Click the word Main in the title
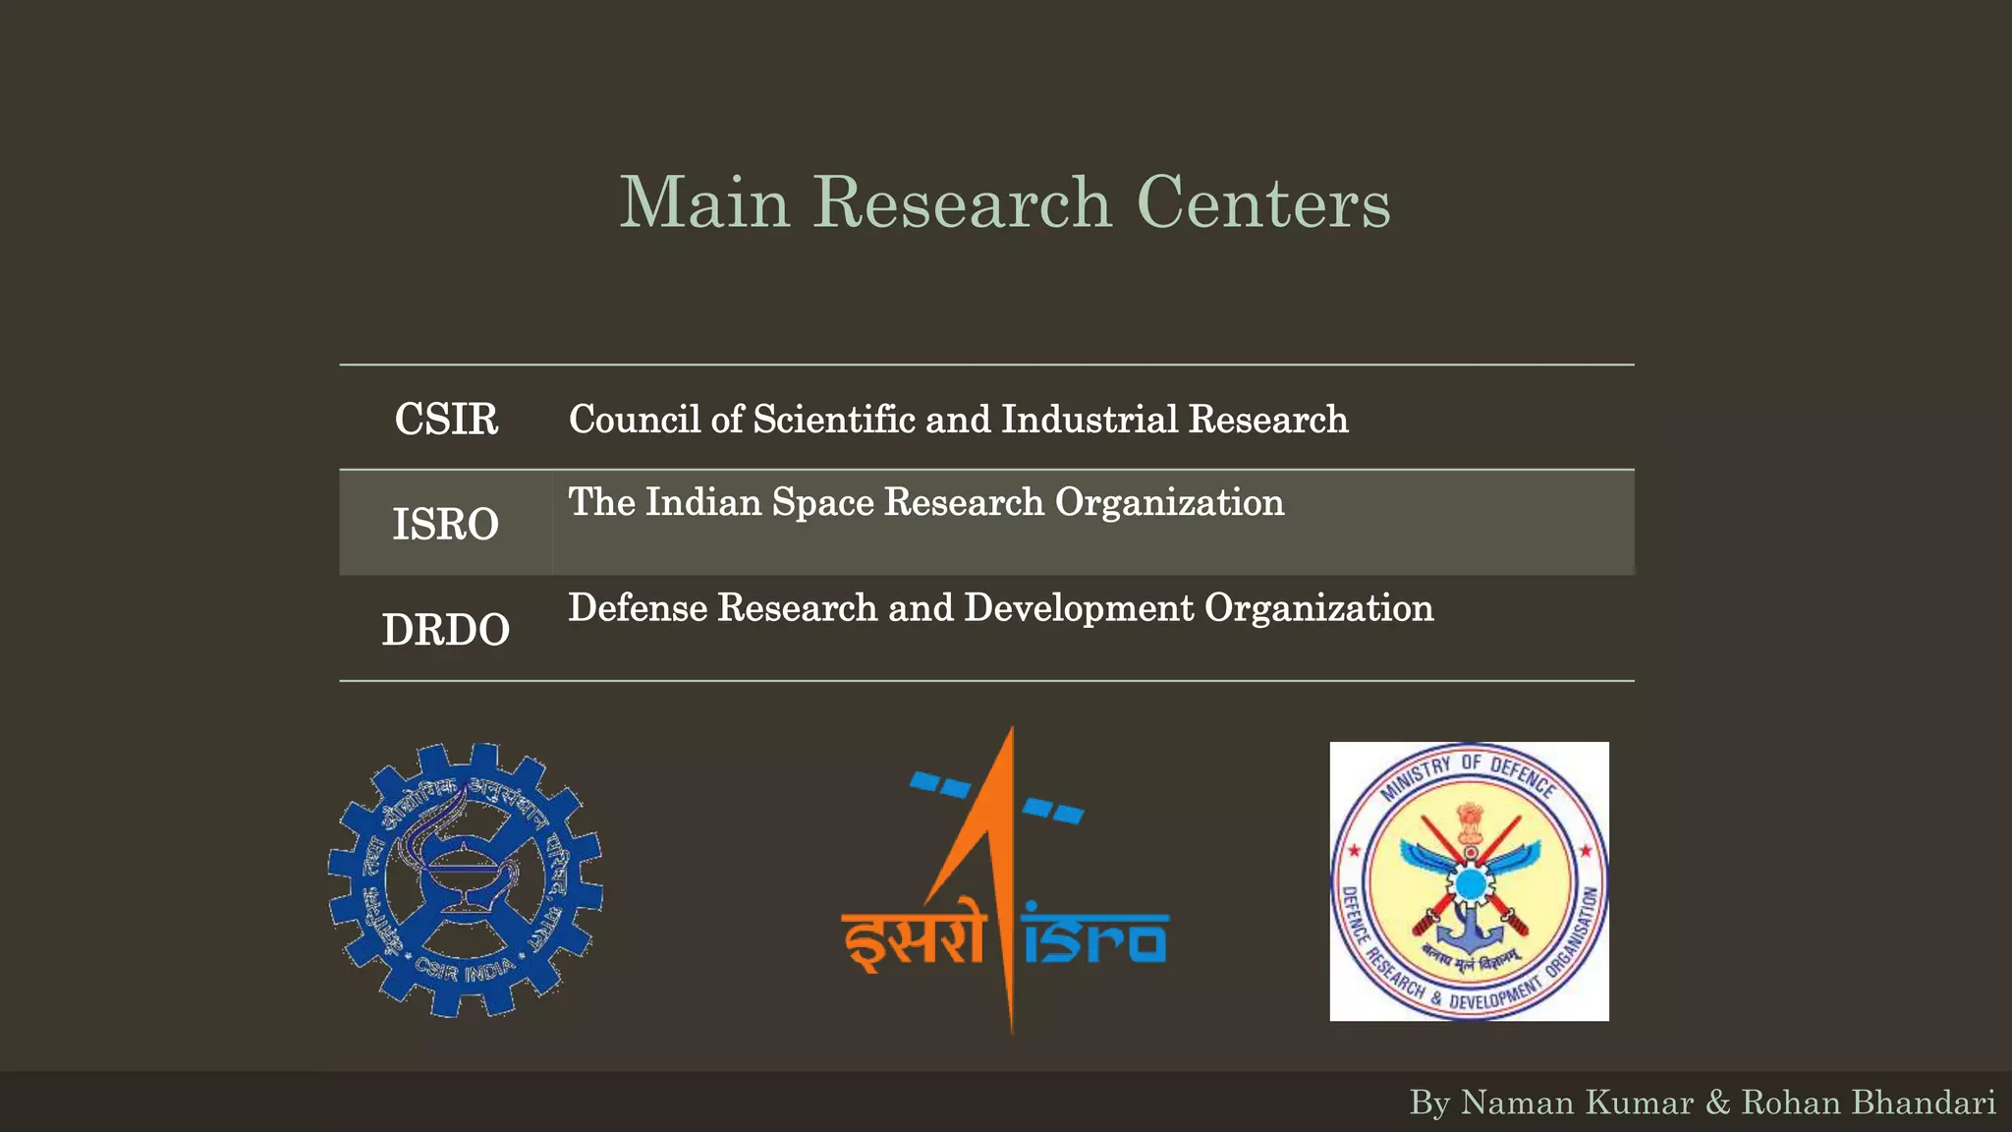[x=704, y=202]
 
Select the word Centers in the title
[x=1263, y=202]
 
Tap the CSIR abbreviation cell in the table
[x=446, y=420]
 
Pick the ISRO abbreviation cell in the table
[x=446, y=524]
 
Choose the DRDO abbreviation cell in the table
[x=446, y=630]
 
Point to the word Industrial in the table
[x=1089, y=420]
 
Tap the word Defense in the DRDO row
[x=638, y=608]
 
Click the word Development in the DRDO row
[x=1079, y=608]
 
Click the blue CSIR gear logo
[x=465, y=879]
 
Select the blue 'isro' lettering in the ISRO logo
[x=1094, y=938]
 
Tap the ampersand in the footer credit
[x=1717, y=1103]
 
